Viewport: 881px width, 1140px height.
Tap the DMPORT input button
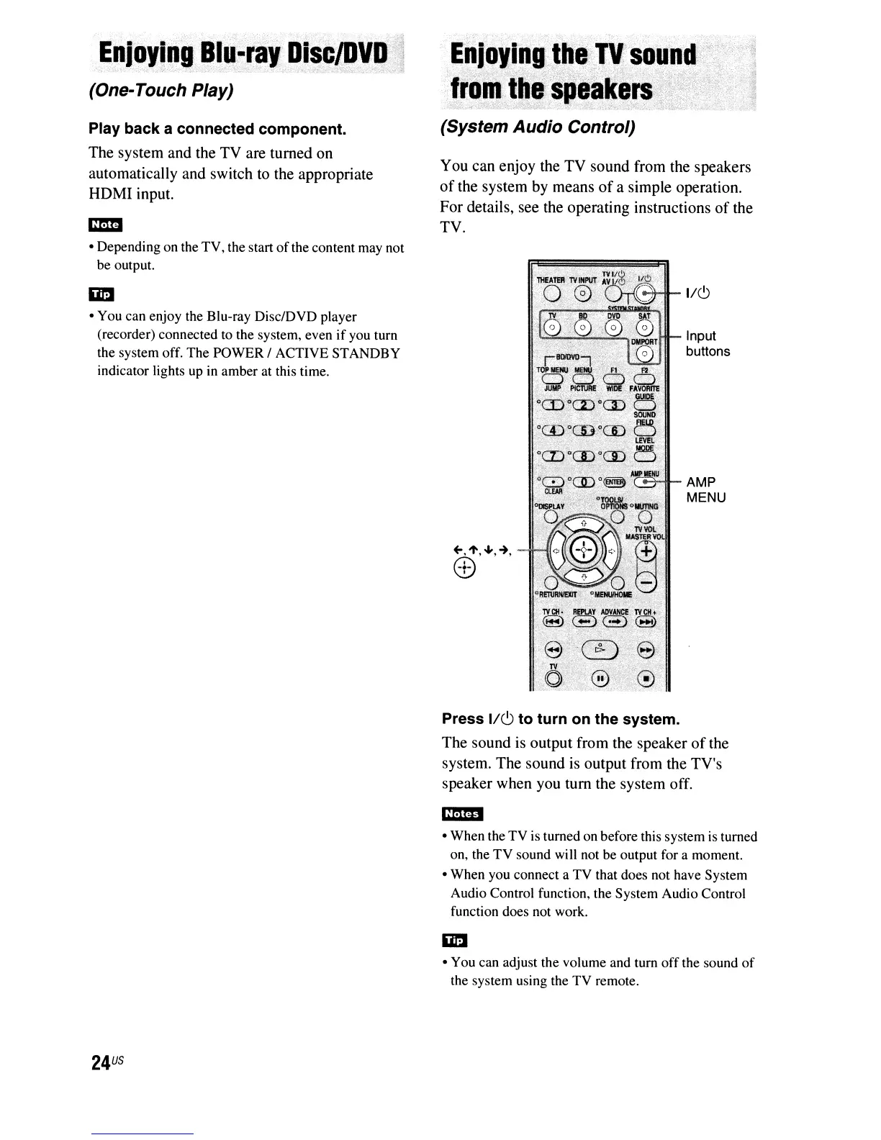(646, 354)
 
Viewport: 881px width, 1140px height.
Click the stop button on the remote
(646, 678)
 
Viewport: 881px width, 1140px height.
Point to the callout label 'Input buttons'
(708, 344)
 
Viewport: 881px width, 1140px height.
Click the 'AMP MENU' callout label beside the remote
(705, 490)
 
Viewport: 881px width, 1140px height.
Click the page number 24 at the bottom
(101, 1062)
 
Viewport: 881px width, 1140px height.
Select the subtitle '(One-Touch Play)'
(161, 91)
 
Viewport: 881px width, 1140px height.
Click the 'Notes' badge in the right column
(461, 813)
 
